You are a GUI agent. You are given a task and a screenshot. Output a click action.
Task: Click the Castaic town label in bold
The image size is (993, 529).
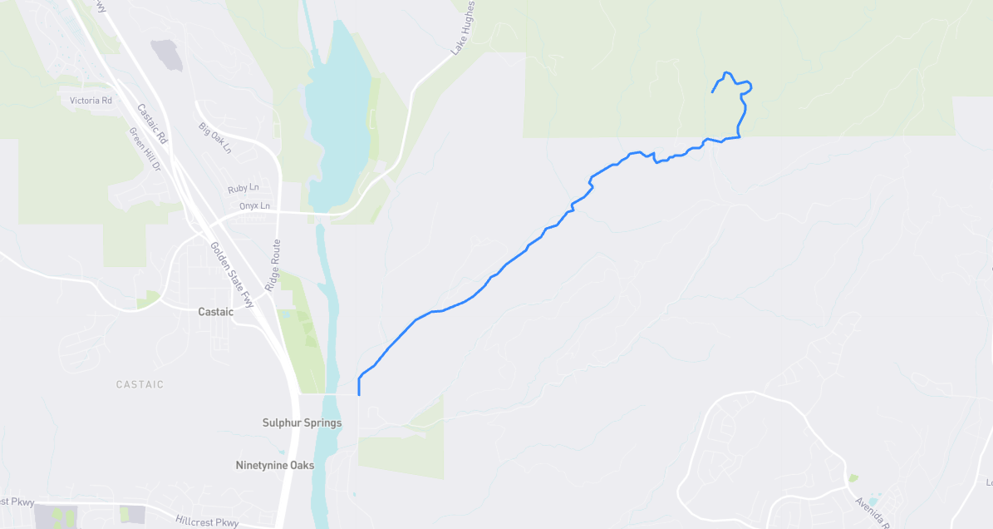coord(215,312)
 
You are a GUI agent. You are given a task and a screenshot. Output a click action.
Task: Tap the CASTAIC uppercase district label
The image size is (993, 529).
coord(140,384)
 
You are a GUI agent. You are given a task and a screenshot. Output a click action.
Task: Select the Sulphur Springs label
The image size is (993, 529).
coord(302,423)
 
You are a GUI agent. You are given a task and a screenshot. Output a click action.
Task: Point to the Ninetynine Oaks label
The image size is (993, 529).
coord(275,465)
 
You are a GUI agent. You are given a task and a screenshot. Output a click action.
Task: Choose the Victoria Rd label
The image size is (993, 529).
coord(91,101)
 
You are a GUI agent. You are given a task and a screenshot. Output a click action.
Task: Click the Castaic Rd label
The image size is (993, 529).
coord(152,123)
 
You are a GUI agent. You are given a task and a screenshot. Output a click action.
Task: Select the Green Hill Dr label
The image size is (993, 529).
coord(144,150)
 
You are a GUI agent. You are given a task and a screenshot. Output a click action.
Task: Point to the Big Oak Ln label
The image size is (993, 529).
coord(214,138)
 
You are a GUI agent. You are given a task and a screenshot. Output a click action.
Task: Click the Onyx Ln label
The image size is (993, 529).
coord(254,205)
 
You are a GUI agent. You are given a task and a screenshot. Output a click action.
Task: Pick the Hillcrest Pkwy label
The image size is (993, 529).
coord(207,522)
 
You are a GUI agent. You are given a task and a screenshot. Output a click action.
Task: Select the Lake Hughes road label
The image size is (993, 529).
coord(464,28)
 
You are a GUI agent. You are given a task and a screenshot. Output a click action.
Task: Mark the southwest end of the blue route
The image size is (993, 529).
coord(359,395)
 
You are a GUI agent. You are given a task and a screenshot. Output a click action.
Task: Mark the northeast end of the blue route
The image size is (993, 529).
coord(713,91)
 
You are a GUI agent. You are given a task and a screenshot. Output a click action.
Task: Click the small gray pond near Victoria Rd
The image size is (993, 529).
coord(166,55)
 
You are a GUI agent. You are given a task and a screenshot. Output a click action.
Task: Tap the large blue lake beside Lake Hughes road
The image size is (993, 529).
coord(337,108)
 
